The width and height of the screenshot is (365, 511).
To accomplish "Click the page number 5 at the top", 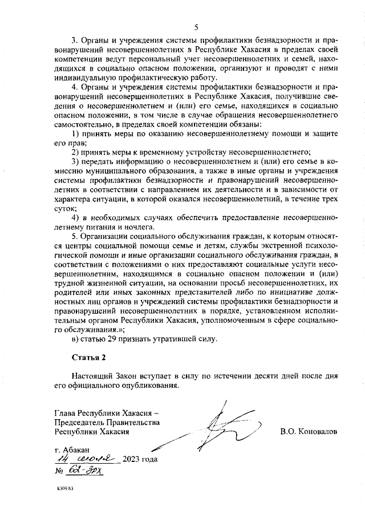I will click(x=196, y=27).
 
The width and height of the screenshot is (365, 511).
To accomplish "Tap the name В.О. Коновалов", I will click(x=309, y=432).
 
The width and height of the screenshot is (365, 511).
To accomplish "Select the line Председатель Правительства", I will click(x=106, y=422).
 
